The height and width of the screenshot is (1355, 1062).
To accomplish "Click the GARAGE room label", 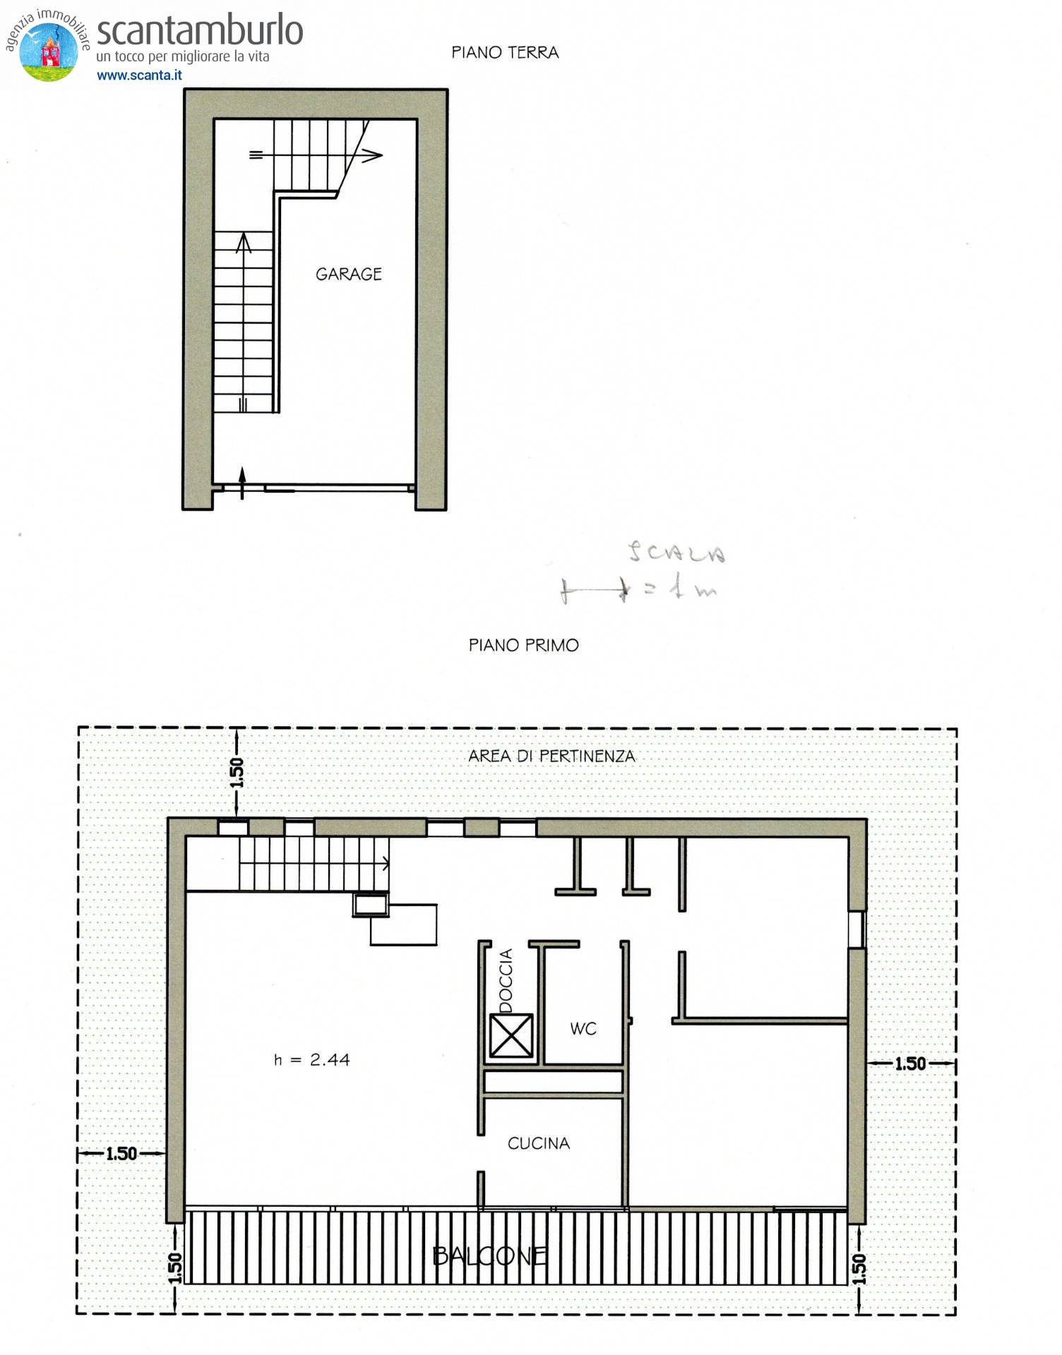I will click(348, 274).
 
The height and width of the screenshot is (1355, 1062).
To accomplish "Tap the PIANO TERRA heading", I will click(505, 52).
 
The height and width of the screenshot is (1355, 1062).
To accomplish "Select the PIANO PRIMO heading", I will click(523, 645).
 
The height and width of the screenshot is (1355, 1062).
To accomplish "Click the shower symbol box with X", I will click(511, 1035).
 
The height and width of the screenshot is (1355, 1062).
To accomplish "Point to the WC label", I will click(583, 1028).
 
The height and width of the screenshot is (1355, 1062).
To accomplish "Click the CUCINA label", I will click(538, 1143).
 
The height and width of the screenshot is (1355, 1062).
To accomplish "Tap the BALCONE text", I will click(489, 1255).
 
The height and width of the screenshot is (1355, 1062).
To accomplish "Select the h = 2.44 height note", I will click(311, 1059).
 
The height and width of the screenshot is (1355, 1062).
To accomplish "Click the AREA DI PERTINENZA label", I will click(551, 756).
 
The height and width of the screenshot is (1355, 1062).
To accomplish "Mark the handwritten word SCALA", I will click(676, 553).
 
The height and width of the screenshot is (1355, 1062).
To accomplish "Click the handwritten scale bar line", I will click(593, 590).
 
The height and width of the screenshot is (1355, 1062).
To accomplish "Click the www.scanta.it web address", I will click(139, 76).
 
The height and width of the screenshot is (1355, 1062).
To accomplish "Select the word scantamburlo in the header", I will click(200, 31).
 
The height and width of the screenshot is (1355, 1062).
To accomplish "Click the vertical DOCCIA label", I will click(506, 980).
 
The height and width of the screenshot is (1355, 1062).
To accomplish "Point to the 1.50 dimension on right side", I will click(909, 1064).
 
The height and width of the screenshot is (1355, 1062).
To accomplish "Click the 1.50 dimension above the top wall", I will click(237, 773).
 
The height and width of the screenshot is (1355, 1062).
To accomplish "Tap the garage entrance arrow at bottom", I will click(242, 481).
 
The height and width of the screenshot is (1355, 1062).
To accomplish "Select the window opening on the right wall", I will click(857, 929).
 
